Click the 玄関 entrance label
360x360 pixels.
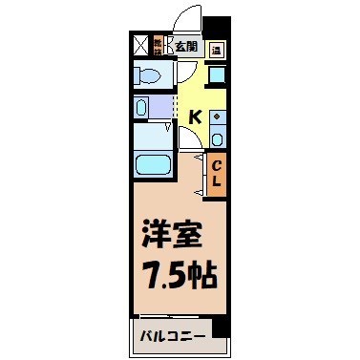pos(184,45)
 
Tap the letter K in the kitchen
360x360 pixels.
pos(195,116)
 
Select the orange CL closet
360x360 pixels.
pos(216,175)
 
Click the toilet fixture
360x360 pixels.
pos(151,75)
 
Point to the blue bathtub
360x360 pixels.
pos(153,163)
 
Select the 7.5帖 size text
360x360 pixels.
pos(180,277)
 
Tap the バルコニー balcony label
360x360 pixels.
pos(168,335)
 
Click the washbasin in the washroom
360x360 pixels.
pos(143,108)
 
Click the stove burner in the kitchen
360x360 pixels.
pos(217,118)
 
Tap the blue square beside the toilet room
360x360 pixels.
pos(217,77)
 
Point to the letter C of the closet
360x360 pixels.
pos(216,166)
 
